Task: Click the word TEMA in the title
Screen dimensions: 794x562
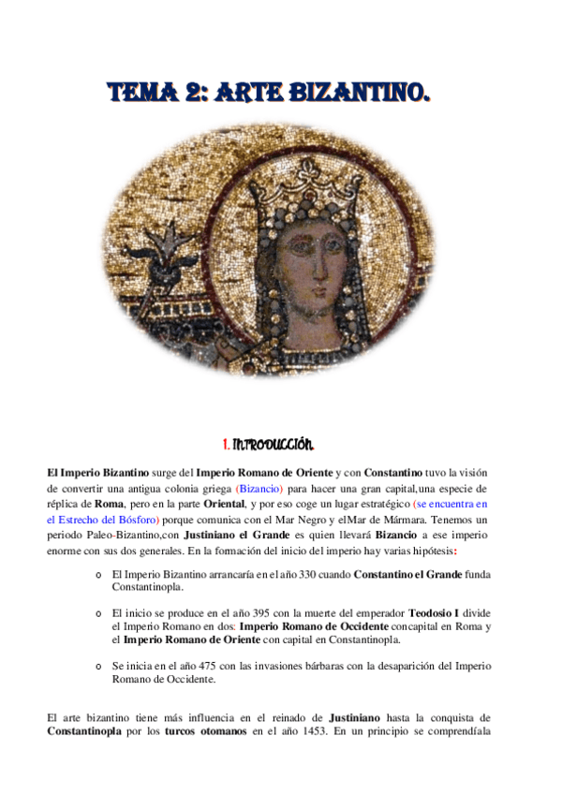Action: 140,93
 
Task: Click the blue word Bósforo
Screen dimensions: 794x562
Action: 137,519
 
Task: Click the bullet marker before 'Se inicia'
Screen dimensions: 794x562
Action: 98,666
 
